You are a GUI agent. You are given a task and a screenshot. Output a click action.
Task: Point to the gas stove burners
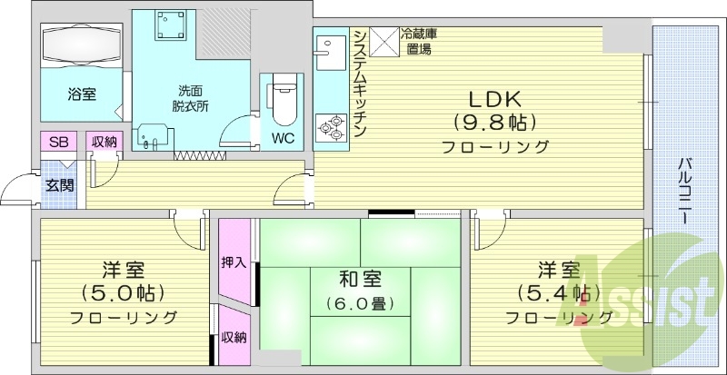tap(329, 128)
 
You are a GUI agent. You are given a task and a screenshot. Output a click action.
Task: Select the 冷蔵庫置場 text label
tap(419, 42)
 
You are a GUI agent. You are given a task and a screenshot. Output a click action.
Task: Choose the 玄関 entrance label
tap(60, 185)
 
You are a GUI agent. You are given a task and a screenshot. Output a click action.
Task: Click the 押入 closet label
tap(233, 262)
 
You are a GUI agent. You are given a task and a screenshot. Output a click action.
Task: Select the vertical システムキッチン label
tap(360, 82)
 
